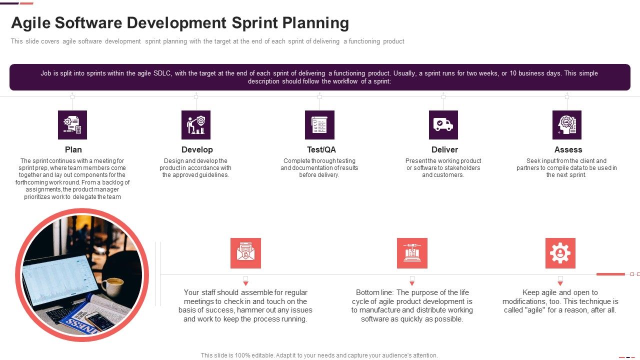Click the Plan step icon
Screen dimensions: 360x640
coord(72,125)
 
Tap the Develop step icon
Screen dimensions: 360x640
coord(196,125)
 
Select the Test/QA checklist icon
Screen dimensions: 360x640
coord(319,125)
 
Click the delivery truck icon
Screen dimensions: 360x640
coord(443,125)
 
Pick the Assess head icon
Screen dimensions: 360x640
coord(566,125)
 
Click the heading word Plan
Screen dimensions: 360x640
coord(73,149)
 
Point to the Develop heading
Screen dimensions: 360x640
coord(197,149)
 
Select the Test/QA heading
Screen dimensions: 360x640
coord(321,149)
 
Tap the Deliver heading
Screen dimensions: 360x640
coord(444,149)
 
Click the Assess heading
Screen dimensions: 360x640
coord(568,149)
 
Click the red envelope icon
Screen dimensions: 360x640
coord(245,253)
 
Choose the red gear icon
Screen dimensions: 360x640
coord(560,253)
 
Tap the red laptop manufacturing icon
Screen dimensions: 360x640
coord(412,253)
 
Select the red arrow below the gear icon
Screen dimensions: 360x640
coord(560,283)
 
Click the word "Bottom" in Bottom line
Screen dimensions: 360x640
coord(368,292)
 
